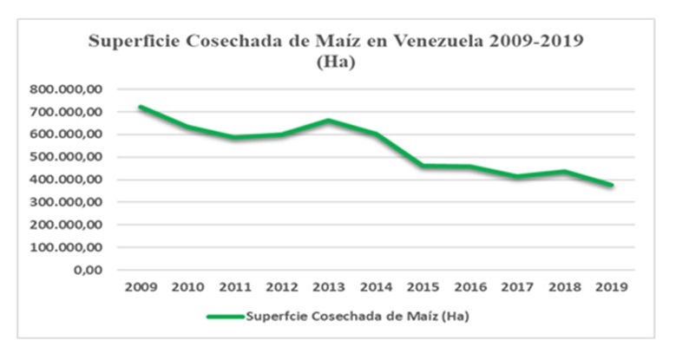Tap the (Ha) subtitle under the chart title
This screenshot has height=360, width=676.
tap(338, 62)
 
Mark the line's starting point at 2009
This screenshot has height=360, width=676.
tap(141, 107)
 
